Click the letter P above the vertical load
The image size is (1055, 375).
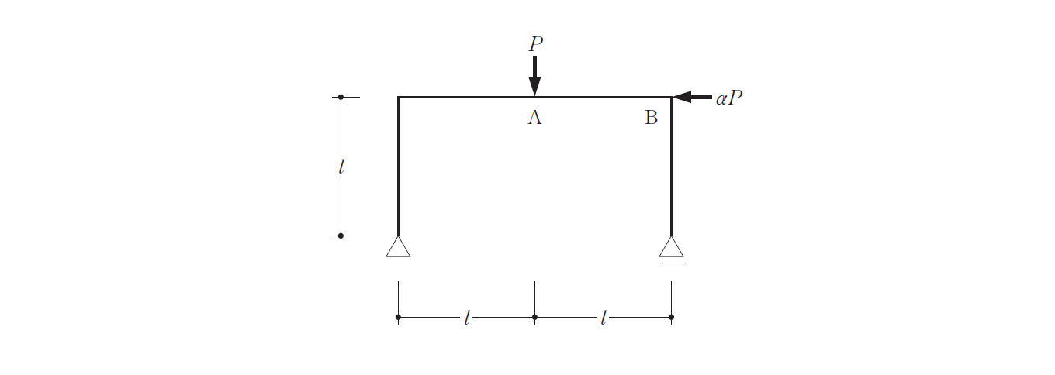tap(535, 43)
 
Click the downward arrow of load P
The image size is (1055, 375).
tap(534, 76)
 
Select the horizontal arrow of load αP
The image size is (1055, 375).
tap(692, 97)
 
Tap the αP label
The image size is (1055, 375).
tap(728, 98)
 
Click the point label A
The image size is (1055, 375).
tap(534, 117)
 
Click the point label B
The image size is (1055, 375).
tap(651, 117)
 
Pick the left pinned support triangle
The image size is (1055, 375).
tap(398, 247)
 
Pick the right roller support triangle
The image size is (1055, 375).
tap(671, 247)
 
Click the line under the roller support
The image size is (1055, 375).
tap(671, 263)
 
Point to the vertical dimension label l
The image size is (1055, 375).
tap(341, 167)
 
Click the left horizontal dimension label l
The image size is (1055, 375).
tap(466, 318)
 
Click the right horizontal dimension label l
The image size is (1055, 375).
tap(603, 318)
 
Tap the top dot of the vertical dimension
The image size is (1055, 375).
tap(341, 97)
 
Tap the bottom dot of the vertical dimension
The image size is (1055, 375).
tap(341, 236)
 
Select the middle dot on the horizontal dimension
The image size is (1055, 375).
tap(534, 317)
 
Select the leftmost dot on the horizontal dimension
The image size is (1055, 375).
tap(399, 317)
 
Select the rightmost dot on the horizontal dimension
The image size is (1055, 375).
tap(671, 317)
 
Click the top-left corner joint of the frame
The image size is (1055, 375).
tap(399, 98)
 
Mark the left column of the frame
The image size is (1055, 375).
tap(399, 167)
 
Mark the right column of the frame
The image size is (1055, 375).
tap(671, 167)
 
